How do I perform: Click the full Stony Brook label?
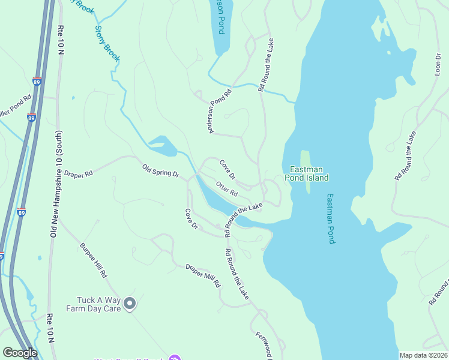point(108,44)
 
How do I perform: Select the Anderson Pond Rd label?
point(220,112)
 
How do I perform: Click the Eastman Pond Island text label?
point(309,173)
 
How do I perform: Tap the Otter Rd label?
point(227,190)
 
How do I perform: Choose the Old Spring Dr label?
point(160,170)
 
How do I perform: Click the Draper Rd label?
point(79,173)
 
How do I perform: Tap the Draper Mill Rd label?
point(203,275)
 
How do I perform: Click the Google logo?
point(20,353)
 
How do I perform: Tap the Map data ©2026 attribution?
point(423,355)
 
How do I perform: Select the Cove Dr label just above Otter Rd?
point(227,169)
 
